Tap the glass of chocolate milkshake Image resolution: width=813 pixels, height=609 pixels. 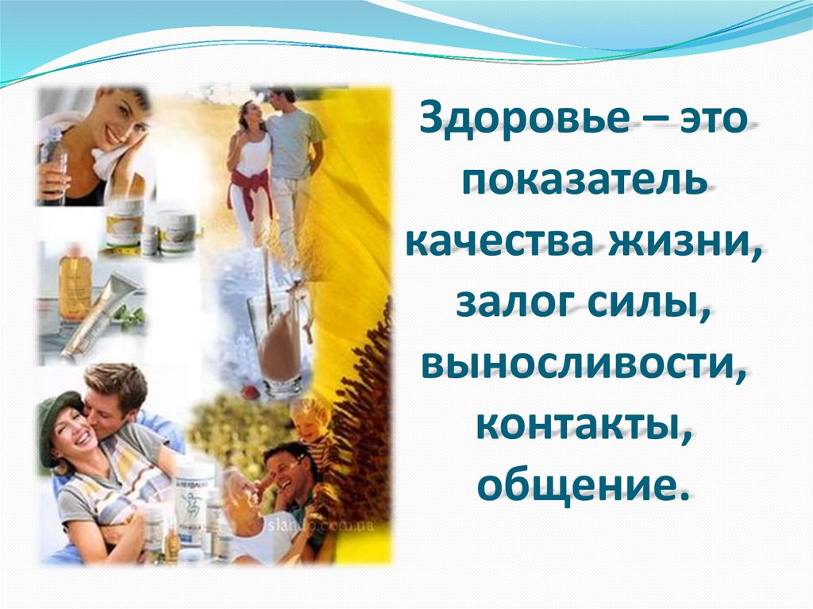pyautogui.click(x=279, y=341)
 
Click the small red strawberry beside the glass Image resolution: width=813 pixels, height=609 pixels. pyautogui.click(x=250, y=391)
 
